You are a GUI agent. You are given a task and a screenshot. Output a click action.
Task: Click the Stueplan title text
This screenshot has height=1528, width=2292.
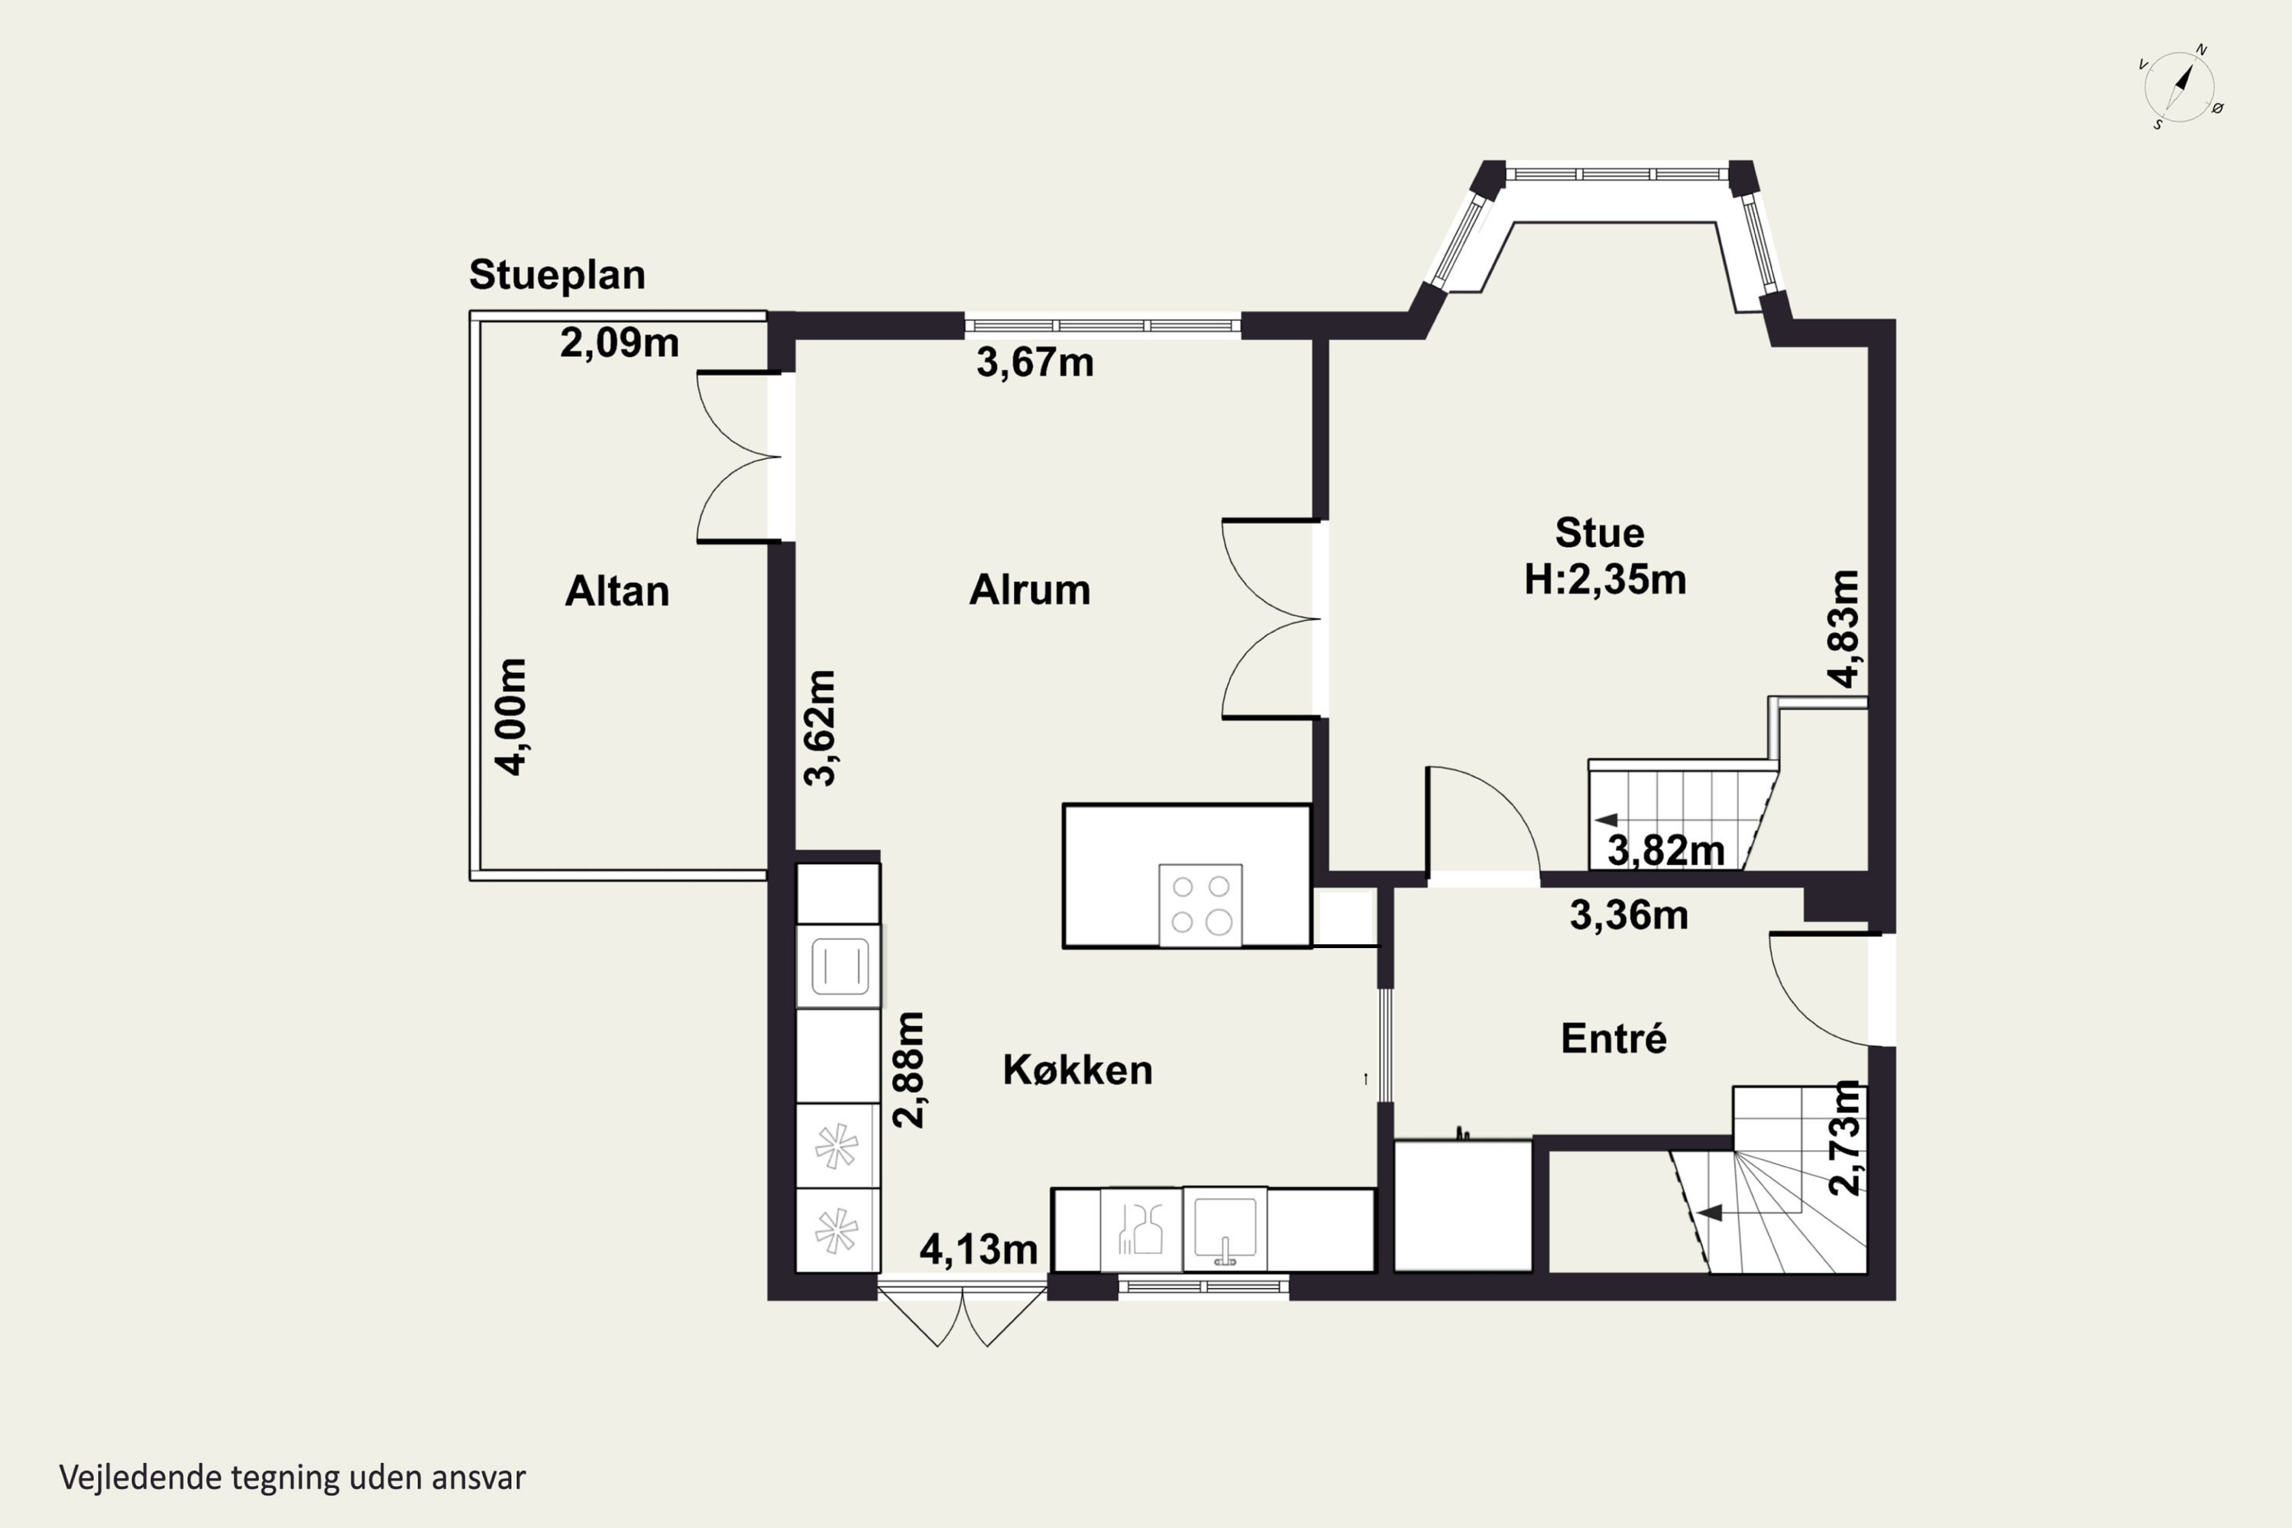[x=558, y=276]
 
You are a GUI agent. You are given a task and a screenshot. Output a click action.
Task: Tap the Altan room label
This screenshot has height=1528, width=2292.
[x=617, y=591]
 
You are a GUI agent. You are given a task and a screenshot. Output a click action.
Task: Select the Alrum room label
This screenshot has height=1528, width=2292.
[x=1029, y=590]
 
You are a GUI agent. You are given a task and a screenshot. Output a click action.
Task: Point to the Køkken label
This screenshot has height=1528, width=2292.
[x=1076, y=1070]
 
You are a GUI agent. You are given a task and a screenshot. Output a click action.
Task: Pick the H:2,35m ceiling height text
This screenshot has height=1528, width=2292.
[x=1605, y=580]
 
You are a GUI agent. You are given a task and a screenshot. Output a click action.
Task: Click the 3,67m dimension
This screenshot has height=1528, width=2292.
[x=1035, y=362]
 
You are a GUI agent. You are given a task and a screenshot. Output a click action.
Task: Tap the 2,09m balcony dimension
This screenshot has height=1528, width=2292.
[x=619, y=343]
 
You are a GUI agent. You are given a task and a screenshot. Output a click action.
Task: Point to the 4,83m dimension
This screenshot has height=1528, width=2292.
[x=1843, y=629]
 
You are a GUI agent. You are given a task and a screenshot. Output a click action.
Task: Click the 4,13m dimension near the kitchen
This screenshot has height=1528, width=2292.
[x=979, y=1249]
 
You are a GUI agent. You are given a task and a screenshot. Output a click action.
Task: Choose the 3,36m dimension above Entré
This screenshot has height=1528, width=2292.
[x=1628, y=915]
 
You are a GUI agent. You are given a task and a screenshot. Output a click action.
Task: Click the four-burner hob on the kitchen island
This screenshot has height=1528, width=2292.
[x=1200, y=905]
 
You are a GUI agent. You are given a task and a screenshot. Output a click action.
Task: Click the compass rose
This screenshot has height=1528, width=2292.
[x=2179, y=89]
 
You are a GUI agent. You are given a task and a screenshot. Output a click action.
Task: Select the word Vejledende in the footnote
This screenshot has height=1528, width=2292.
[x=141, y=1478]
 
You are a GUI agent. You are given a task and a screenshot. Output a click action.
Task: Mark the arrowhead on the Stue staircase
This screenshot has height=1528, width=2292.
[x=1606, y=820]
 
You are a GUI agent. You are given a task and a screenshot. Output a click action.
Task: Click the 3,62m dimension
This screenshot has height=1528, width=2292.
[x=820, y=727]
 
